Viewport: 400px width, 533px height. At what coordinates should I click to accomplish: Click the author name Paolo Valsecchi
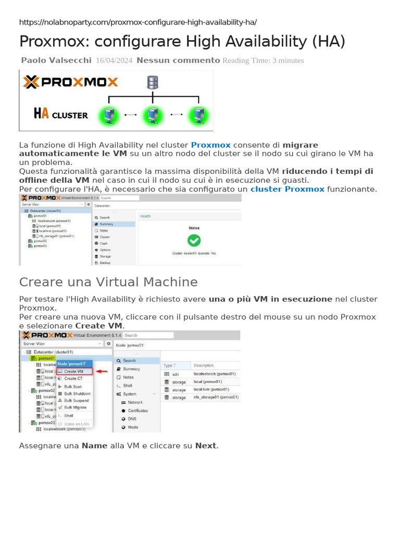pyautogui.click(x=56, y=60)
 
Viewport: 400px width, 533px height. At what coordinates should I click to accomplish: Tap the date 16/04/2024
pyautogui.click(x=114, y=60)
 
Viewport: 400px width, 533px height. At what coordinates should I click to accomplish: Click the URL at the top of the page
pyautogui.click(x=137, y=22)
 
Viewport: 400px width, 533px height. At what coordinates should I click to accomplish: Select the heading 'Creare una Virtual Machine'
pyautogui.click(x=108, y=282)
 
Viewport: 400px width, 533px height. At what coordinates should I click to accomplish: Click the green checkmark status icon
pyautogui.click(x=194, y=240)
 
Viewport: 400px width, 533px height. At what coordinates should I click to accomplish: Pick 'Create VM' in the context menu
pyautogui.click(x=73, y=371)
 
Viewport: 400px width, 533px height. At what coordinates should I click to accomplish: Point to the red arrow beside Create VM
pyautogui.click(x=102, y=372)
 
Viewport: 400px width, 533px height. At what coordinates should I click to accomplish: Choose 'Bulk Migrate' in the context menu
pyautogui.click(x=75, y=408)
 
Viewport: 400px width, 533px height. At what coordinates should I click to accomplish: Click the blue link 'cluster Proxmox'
pyautogui.click(x=287, y=189)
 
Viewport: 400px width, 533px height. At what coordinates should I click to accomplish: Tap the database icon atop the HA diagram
pyautogui.click(x=153, y=82)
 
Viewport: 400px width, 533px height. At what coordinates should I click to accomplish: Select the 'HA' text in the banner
pyautogui.click(x=41, y=114)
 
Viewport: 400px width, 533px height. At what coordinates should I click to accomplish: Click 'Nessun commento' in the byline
pyautogui.click(x=178, y=60)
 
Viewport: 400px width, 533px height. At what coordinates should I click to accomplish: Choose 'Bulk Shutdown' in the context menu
pyautogui.click(x=77, y=394)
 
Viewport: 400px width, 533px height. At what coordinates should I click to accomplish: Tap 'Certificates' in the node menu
pyautogui.click(x=137, y=411)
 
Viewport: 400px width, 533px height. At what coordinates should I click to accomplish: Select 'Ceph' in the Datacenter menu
pyautogui.click(x=104, y=243)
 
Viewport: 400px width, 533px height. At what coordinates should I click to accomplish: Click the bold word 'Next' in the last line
pyautogui.click(x=206, y=446)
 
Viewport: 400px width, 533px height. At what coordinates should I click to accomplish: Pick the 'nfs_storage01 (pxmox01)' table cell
pyautogui.click(x=216, y=397)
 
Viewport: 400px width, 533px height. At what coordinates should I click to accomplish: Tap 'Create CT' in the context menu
pyautogui.click(x=73, y=378)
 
